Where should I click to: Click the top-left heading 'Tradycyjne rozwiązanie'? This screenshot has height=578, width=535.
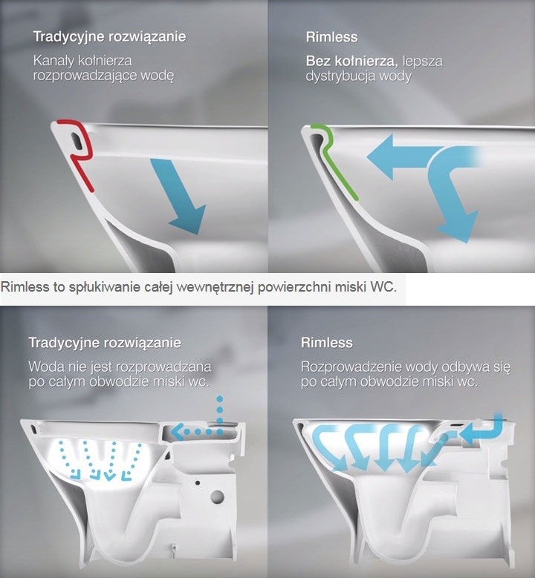click(109, 36)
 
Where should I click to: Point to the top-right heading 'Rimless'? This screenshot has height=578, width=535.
click(331, 36)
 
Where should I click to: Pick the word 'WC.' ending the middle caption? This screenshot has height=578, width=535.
click(386, 287)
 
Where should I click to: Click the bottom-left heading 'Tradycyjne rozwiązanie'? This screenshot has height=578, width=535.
click(105, 344)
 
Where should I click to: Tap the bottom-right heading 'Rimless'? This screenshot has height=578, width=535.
click(326, 344)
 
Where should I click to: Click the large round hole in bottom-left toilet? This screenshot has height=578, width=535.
click(218, 496)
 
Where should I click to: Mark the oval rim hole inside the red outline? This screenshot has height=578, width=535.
click(74, 138)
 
